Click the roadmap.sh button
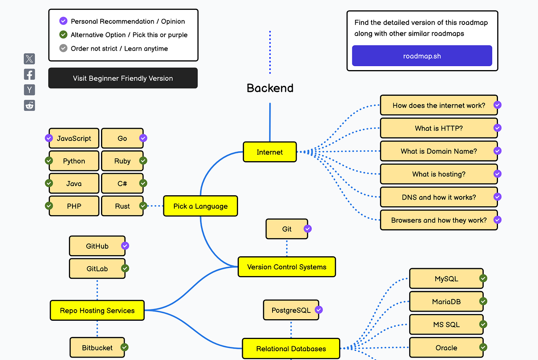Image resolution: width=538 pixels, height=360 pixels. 422,56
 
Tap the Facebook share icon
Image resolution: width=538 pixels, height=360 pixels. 29,74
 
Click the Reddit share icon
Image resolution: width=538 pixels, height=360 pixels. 29,105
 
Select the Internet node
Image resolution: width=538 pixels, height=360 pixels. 269,152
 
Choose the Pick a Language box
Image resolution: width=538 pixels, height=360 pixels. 200,206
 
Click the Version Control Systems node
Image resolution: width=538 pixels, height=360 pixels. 286,267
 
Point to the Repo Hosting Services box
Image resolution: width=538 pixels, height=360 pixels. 97,310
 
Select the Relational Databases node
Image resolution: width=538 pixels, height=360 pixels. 291,349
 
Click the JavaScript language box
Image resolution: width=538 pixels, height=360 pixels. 74,138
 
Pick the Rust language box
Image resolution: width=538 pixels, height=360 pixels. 122,206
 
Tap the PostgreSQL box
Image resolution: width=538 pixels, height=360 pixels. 291,310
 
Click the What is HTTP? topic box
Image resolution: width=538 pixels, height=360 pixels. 439,128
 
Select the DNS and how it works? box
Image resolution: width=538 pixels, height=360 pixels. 439,197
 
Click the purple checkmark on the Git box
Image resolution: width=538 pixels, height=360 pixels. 307,229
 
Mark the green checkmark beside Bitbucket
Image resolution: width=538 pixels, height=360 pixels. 124,347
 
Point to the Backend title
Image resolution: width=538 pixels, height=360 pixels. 270,88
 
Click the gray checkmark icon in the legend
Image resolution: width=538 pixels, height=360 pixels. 63,48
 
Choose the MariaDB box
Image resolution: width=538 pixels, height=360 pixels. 446,302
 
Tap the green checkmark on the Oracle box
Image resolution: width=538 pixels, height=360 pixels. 483,347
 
